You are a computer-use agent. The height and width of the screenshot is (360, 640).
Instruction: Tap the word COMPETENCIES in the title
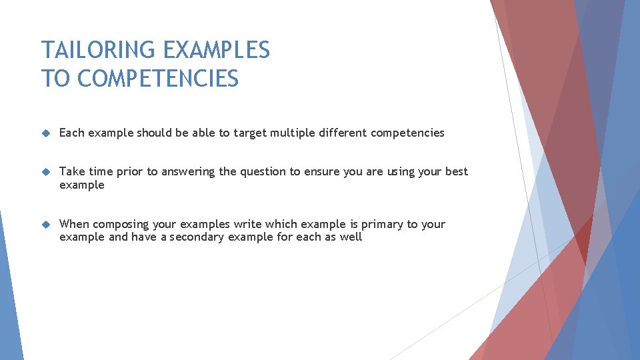(158, 79)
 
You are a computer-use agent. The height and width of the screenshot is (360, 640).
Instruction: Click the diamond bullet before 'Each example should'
(45, 133)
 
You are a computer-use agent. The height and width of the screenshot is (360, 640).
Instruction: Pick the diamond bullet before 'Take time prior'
(45, 172)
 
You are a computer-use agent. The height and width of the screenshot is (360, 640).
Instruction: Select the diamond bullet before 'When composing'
(45, 225)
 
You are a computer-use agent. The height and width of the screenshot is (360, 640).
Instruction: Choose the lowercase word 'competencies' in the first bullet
(407, 133)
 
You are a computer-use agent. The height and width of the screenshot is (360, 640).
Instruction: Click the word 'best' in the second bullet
(457, 171)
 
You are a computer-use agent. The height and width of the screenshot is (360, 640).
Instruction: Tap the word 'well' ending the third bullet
(351, 237)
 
